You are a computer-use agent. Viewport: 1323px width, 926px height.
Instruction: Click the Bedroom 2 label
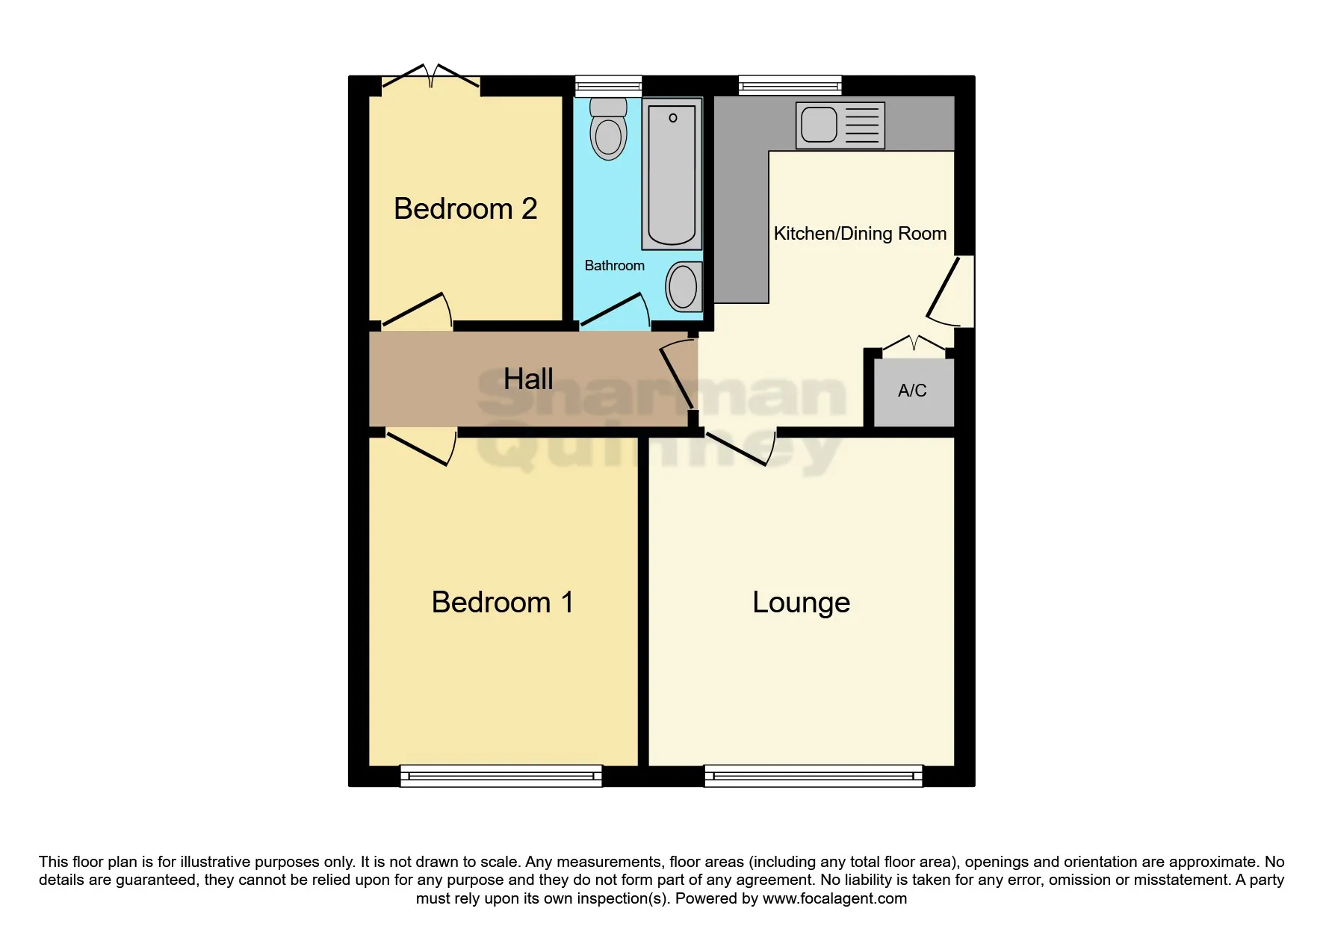pos(465,208)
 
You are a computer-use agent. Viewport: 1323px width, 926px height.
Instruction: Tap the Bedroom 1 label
pos(502,602)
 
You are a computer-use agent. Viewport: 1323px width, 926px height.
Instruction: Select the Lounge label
pos(801,602)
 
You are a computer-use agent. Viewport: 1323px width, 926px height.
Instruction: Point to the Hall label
pos(528,379)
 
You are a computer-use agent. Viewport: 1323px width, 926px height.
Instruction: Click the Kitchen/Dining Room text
pos(859,234)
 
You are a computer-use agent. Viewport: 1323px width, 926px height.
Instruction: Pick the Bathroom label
pos(614,266)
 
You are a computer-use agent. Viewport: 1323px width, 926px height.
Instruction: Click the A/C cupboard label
pos(912,391)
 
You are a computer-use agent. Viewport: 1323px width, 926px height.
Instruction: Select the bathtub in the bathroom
pos(672,175)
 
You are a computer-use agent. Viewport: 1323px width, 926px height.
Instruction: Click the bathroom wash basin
pos(683,287)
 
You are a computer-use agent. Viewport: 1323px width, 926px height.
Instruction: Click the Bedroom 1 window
pos(501,776)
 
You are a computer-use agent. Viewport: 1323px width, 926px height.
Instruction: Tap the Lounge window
pos(813,776)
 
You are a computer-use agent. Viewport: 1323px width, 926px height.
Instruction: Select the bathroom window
pos(608,86)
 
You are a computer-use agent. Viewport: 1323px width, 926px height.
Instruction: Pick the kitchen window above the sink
pos(790,85)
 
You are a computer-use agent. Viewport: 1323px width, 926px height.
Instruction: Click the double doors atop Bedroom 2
pos(431,78)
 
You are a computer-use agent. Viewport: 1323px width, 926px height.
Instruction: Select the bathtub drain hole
pos(672,118)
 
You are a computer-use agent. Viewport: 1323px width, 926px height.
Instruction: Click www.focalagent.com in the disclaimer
pos(834,898)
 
